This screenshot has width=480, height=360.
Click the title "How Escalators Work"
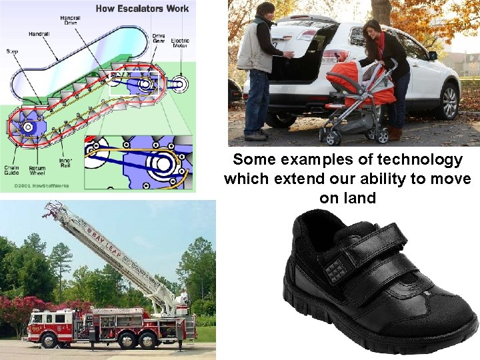(142, 9)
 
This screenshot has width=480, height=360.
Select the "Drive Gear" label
(159, 38)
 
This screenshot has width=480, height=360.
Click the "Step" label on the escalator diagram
(13, 50)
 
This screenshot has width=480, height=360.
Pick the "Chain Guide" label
(11, 171)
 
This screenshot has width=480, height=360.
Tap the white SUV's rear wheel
(449, 101)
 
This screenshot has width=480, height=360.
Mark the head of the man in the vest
(265, 11)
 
